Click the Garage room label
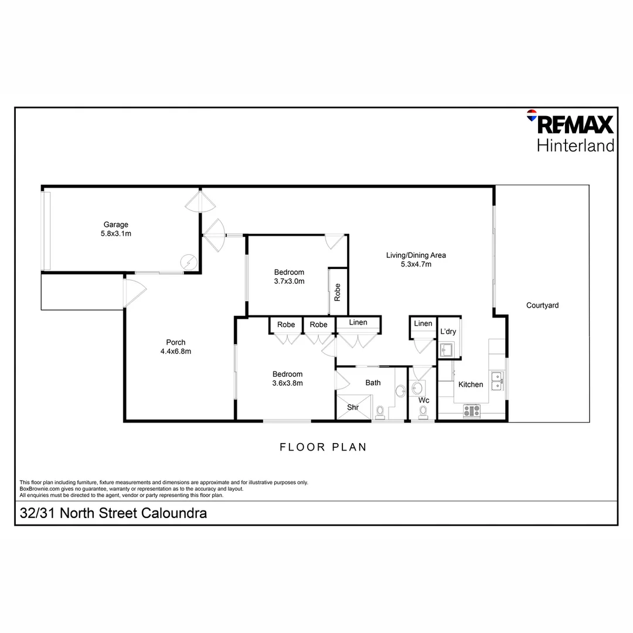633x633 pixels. (116, 224)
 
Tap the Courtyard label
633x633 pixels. (542, 305)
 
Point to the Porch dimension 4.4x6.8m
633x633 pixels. (176, 352)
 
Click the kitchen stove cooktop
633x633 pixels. (472, 411)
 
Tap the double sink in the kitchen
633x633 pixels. (497, 381)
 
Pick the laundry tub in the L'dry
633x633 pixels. (447, 350)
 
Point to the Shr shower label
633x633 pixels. (353, 407)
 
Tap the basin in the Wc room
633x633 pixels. (418, 387)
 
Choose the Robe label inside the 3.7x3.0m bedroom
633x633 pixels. (338, 292)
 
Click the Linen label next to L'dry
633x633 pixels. (423, 324)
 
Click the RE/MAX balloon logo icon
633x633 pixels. (532, 115)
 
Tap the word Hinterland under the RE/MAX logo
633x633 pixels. (576, 145)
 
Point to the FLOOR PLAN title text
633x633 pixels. (323, 447)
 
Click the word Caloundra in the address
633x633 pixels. (173, 514)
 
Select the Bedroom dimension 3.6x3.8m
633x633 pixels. (288, 383)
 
